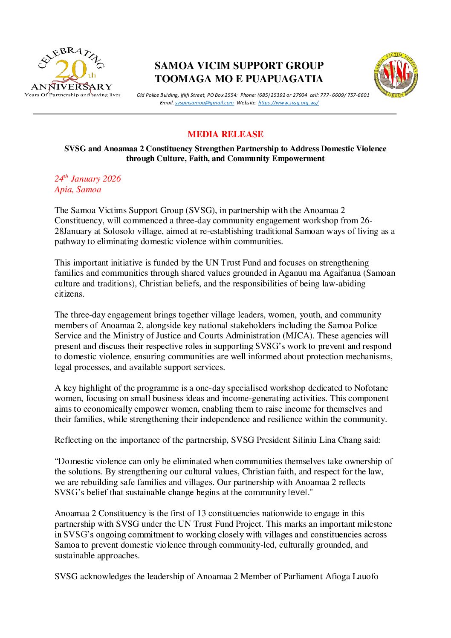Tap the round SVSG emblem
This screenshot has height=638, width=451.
[396, 75]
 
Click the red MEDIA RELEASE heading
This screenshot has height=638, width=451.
[225, 134]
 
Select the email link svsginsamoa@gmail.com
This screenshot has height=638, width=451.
[204, 103]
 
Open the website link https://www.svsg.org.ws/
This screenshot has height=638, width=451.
[288, 103]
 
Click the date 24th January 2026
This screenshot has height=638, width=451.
[87, 179]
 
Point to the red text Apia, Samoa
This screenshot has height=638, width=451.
[78, 190]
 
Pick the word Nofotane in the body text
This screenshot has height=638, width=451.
[371, 388]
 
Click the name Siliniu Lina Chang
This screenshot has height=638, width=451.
[327, 440]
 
